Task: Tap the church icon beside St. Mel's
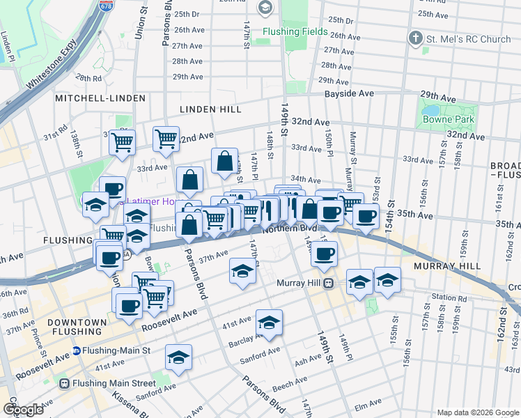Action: point(417,39)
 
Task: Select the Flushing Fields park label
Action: point(295,31)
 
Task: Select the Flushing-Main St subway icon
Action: point(77,351)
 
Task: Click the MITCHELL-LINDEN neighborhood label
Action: point(94,98)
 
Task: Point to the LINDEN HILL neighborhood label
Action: point(210,109)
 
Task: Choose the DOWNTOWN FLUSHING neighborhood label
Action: point(77,327)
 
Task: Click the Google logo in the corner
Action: point(22,410)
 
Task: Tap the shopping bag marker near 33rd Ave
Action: point(225,162)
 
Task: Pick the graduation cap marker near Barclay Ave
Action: point(269,322)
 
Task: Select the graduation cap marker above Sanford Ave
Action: point(178,357)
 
